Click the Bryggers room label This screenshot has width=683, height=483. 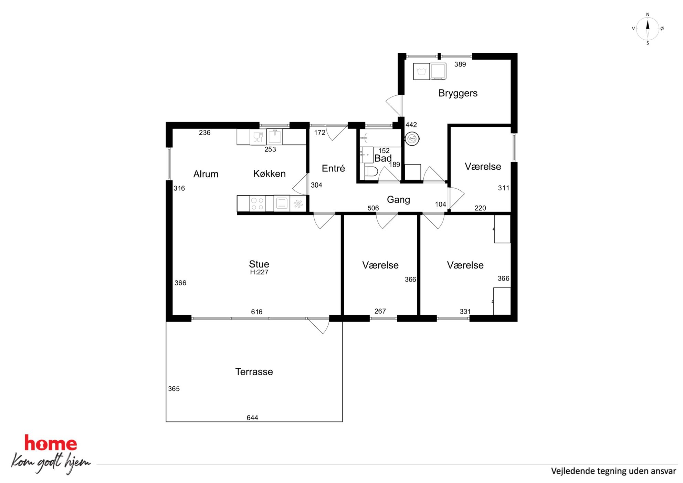[458, 93]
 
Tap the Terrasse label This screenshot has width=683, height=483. [254, 372]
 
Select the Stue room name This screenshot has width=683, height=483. [259, 264]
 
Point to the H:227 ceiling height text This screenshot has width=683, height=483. [259, 272]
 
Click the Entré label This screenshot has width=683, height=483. [333, 168]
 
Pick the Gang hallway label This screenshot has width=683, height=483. [398, 200]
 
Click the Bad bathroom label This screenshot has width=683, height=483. [383, 158]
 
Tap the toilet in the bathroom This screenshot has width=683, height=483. [371, 171]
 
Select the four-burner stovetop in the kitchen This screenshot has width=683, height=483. [257, 203]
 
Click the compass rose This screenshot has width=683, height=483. [648, 29]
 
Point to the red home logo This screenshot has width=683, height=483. [51, 443]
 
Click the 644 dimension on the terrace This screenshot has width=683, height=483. [252, 418]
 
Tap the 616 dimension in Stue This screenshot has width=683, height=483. [256, 312]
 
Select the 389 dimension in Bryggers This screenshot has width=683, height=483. [460, 64]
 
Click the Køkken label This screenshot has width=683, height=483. [269, 174]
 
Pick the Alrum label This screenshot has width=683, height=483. [206, 174]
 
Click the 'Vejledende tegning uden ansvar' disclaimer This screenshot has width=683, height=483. [613, 471]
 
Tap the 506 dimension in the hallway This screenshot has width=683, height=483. [373, 208]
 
